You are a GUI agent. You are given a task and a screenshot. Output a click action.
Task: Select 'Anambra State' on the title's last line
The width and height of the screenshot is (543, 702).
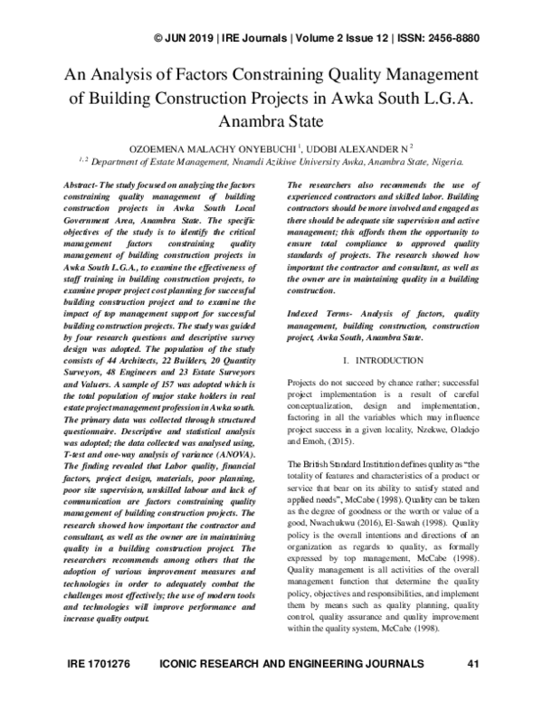[271, 119]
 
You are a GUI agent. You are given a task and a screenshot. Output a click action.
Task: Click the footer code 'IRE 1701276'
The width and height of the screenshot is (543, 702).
[100, 689]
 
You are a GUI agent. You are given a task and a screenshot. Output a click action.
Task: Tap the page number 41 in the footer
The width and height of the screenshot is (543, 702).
[471, 689]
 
